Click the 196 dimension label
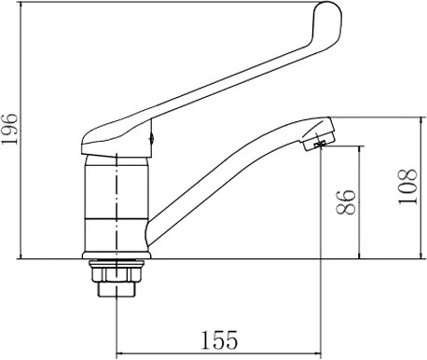click(9, 129)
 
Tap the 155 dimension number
click(219, 339)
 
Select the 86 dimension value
click(346, 202)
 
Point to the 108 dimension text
click(407, 187)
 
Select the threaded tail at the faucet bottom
click(117, 289)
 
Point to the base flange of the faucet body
click(117, 255)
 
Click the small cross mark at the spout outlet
click(320, 144)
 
